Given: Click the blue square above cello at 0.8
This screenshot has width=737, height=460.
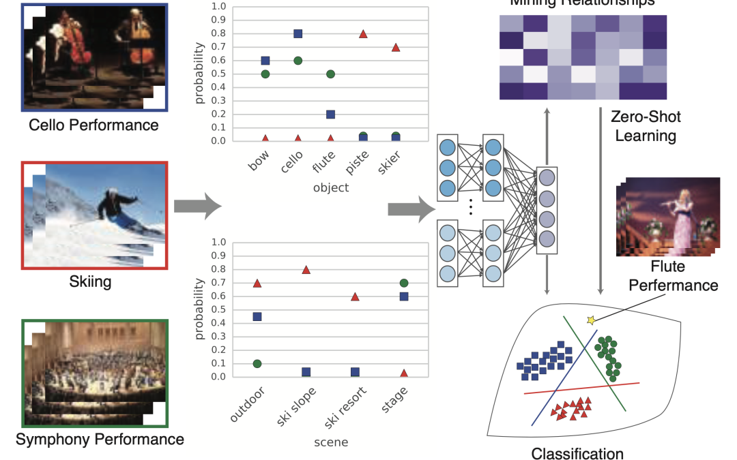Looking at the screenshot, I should (x=298, y=33).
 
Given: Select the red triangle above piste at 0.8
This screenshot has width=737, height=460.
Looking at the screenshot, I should (x=363, y=33).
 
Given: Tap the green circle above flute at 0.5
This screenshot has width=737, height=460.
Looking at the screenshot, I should (x=330, y=74).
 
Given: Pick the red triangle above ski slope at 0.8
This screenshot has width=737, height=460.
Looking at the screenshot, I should (x=306, y=269).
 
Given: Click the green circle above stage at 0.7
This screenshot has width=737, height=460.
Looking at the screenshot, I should (x=404, y=283).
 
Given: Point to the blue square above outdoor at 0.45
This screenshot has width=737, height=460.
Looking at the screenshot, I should (x=257, y=316).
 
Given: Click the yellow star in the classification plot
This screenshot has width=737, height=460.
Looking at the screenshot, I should (x=591, y=320).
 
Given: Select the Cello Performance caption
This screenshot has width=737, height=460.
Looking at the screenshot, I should (x=93, y=125).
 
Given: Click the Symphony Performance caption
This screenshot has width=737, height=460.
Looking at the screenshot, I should (x=100, y=439).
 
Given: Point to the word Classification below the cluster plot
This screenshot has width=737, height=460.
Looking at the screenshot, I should (x=577, y=453).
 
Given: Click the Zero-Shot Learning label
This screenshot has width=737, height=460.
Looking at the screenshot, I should (x=646, y=126).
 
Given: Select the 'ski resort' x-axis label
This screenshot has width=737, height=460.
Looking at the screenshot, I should (x=346, y=405).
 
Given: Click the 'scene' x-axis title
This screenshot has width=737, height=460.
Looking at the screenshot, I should (x=330, y=442).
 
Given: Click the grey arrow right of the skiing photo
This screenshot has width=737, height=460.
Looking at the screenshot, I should (x=199, y=205).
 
